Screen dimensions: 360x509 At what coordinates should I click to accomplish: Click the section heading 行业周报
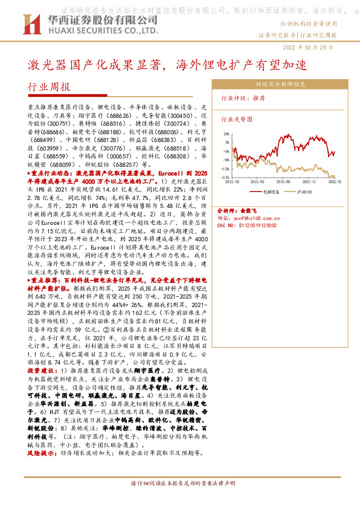pyautogui.click(x=50, y=86)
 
